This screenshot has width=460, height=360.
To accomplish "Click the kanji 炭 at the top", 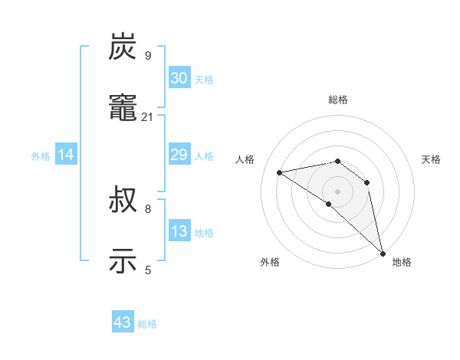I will pyautogui.click(x=123, y=48).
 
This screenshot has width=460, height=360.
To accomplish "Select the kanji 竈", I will pyautogui.click(x=123, y=108).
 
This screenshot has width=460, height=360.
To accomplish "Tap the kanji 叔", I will pyautogui.click(x=123, y=201).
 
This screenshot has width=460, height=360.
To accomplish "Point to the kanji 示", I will pyautogui.click(x=123, y=261).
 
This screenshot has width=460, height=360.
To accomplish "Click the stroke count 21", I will pyautogui.click(x=148, y=117).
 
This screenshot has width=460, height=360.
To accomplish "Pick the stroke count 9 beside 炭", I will pyautogui.click(x=148, y=56).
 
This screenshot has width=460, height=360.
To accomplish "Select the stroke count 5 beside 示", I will pyautogui.click(x=148, y=269).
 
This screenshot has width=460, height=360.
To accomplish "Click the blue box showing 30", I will pyautogui.click(x=179, y=77).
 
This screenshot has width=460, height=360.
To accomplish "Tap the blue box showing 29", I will pyautogui.click(x=179, y=155).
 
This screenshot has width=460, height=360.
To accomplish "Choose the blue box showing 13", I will pyautogui.click(x=179, y=231).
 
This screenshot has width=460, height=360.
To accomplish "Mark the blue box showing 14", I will pyautogui.click(x=66, y=155).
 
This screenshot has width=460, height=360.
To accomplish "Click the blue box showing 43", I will pyautogui.click(x=123, y=322).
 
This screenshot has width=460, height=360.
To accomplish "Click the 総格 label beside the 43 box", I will pyautogui.click(x=147, y=324).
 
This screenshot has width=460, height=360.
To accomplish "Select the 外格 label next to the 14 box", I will pyautogui.click(x=41, y=156).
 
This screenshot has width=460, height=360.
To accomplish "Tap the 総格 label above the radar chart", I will pyautogui.click(x=338, y=100).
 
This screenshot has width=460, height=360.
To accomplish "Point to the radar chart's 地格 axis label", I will pyautogui.click(x=402, y=262).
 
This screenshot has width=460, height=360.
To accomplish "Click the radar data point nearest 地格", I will pyautogui.click(x=383, y=253).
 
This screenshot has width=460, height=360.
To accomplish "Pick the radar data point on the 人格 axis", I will pyautogui.click(x=280, y=172).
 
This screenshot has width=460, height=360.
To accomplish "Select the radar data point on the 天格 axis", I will pyautogui.click(x=367, y=182).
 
